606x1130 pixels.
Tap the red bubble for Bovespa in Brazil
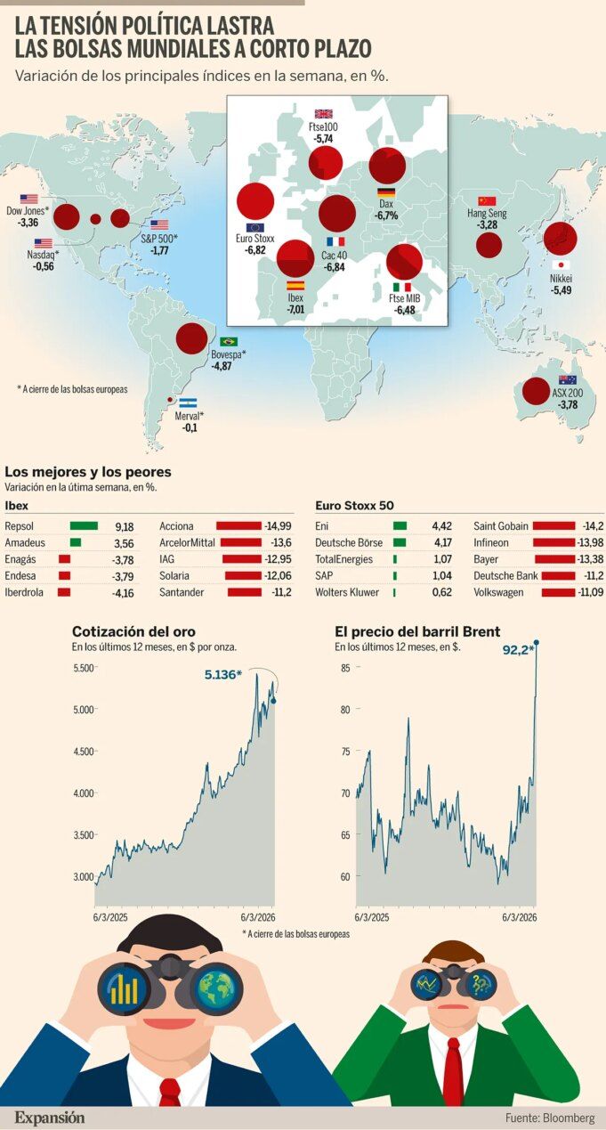pos(191,338)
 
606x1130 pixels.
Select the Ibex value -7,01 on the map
pos(295,308)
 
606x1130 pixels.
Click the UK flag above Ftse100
pos(324,114)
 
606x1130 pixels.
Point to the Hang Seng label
pos(487,214)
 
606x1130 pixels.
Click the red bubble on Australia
pos(536,391)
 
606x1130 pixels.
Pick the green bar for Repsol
pos(84,526)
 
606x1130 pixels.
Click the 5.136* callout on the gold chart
pos(223,675)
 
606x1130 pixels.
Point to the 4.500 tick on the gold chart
pos(83,751)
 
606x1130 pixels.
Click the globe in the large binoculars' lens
pos(216,988)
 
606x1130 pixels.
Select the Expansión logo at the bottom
pos(49,1117)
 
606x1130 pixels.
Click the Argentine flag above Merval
pos(188,402)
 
